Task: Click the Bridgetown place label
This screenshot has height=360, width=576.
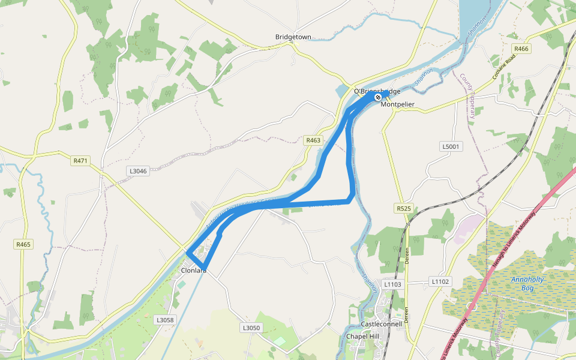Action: (293, 37)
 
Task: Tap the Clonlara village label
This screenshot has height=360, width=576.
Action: (194, 271)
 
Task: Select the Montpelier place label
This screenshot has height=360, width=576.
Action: (397, 104)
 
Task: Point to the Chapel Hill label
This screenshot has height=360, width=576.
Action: (363, 336)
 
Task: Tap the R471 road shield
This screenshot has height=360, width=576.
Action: (80, 161)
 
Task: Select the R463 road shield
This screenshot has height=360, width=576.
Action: (313, 140)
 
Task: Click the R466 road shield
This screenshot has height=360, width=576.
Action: (521, 49)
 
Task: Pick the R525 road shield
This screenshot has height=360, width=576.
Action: (403, 208)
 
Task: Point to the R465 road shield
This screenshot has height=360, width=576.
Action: (23, 244)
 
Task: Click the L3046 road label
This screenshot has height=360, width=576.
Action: (137, 171)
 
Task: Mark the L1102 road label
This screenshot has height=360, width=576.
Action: (439, 281)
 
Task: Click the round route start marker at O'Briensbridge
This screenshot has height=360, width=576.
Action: (378, 97)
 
